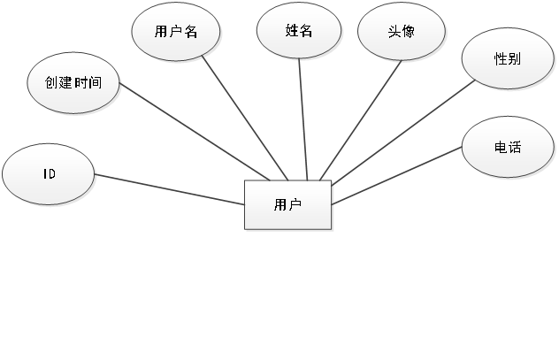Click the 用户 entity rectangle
point(288,205)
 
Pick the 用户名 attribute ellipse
point(176,31)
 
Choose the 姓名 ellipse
point(299,30)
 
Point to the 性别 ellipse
point(507,60)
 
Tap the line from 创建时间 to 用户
point(195,133)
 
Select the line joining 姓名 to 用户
point(302,115)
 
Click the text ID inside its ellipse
point(50,174)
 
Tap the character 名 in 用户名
point(190,31)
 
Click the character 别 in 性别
point(514,60)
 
